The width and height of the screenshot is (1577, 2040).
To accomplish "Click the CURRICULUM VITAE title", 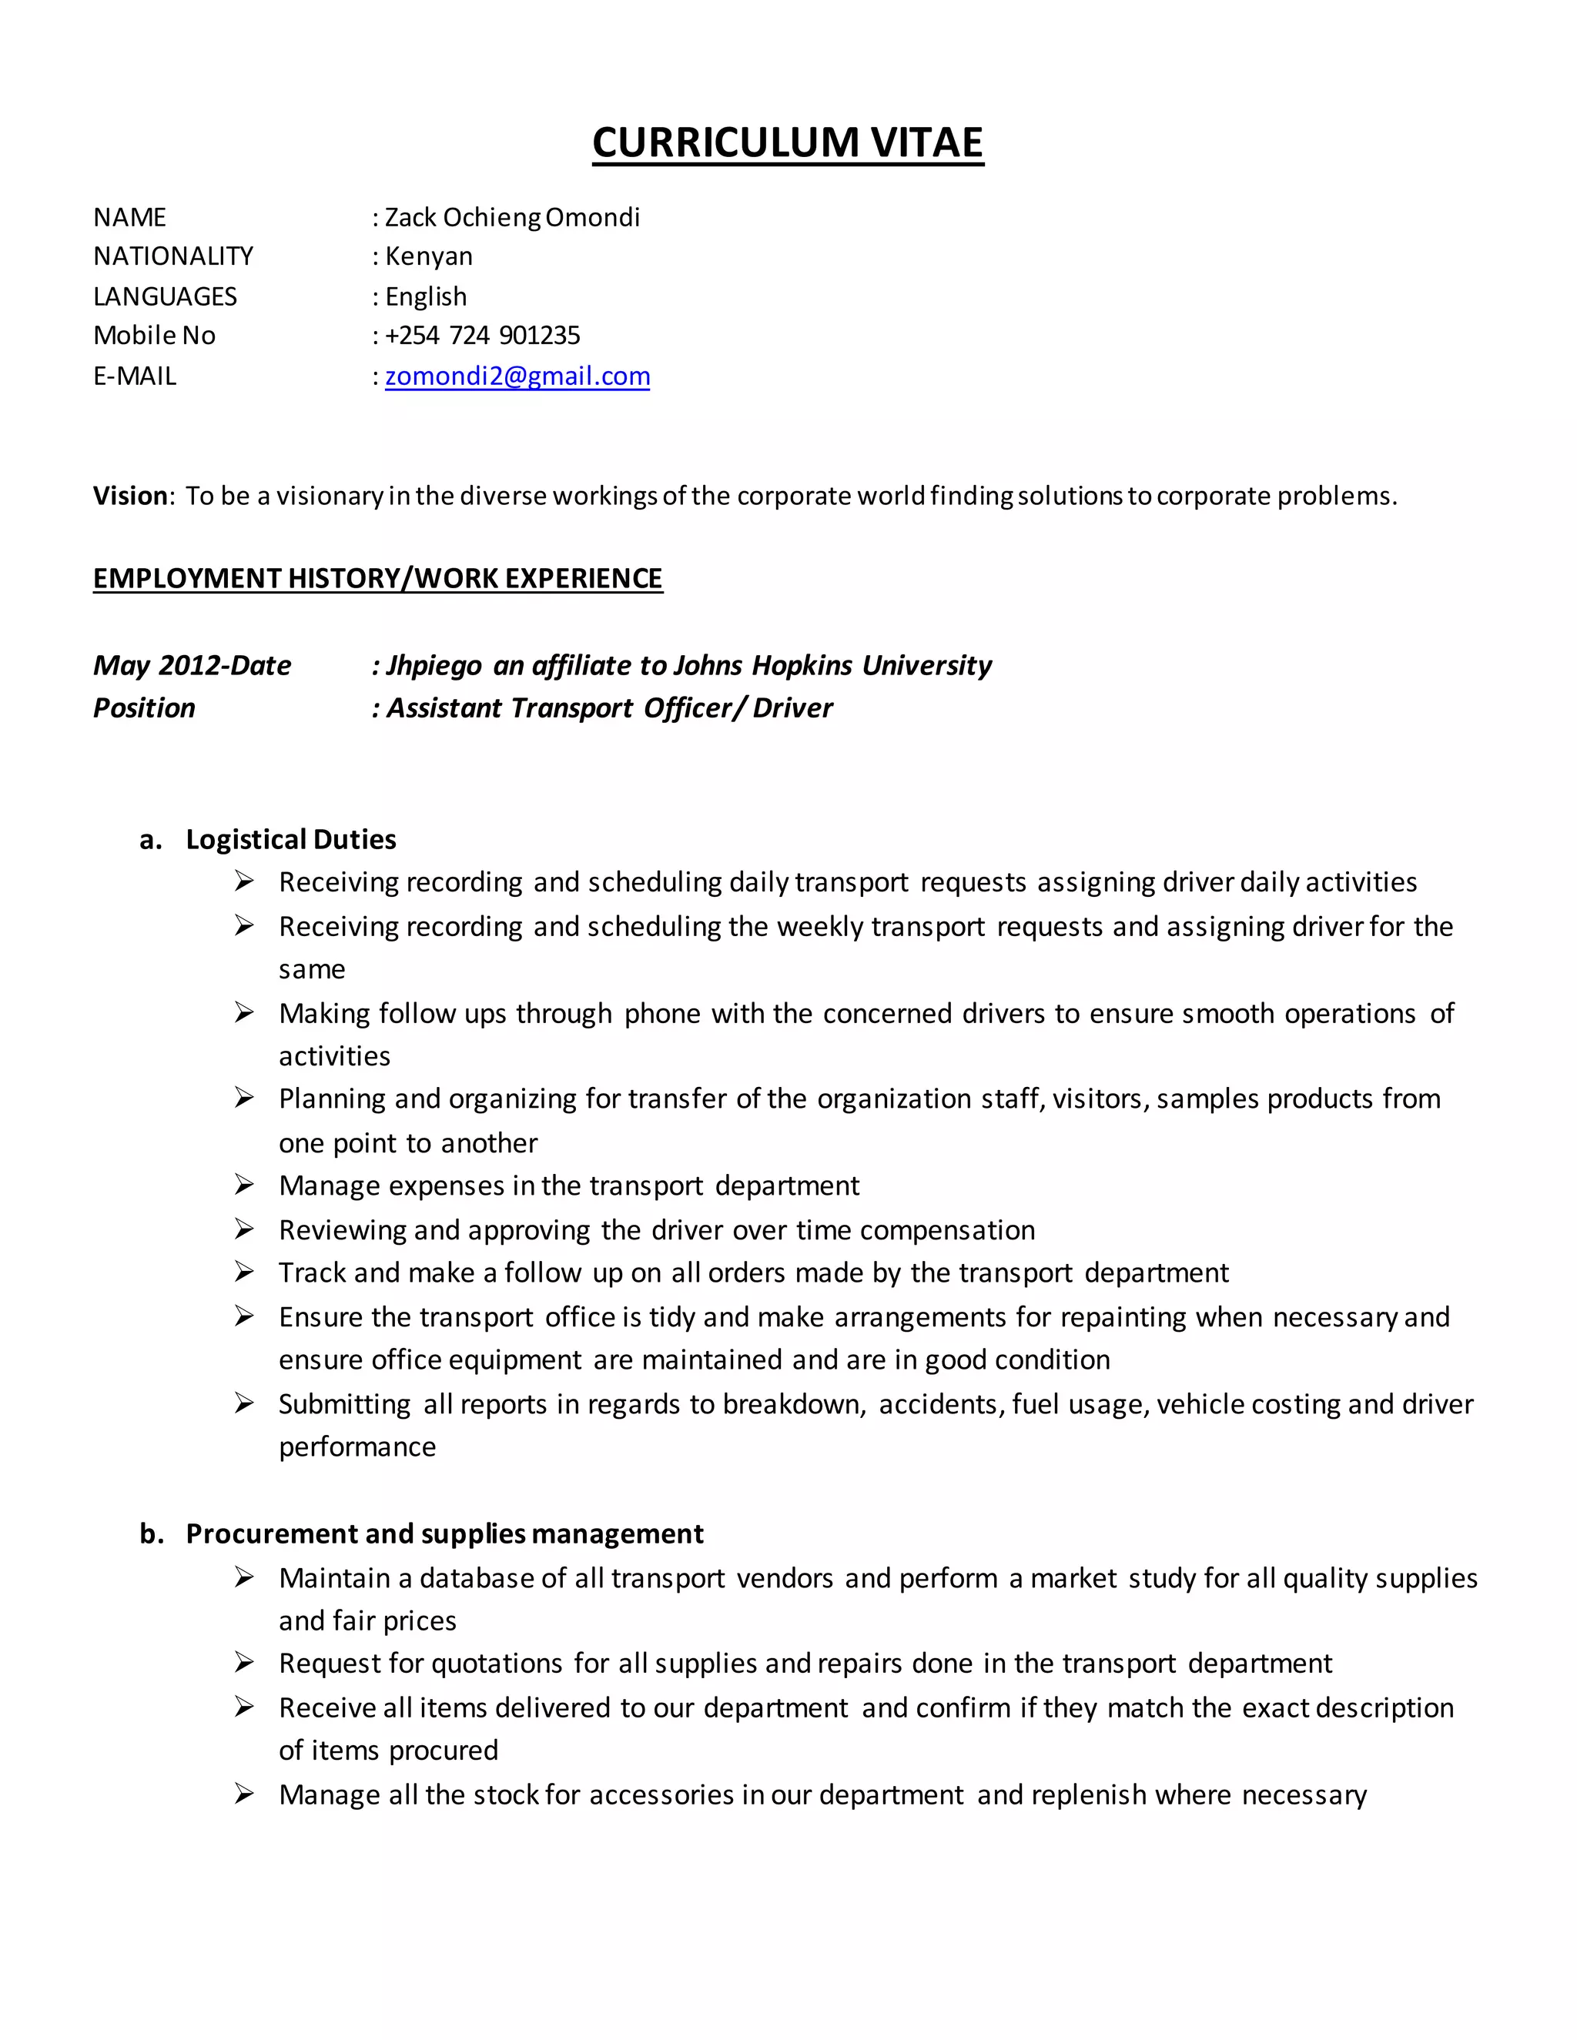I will pos(788,143).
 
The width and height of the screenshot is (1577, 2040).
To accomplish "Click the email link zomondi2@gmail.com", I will pos(517,376).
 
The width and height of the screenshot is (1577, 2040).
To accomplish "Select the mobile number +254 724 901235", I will pos(482,336).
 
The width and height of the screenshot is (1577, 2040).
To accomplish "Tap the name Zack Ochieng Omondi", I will pos(512,218).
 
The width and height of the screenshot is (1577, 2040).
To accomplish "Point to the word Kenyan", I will pos(429,256).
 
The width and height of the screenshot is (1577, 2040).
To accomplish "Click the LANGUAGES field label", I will pos(165,296).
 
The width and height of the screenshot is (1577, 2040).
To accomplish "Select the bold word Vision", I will pos(129,496).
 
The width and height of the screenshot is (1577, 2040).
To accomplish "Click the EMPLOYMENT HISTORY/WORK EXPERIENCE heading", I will pos(377,578).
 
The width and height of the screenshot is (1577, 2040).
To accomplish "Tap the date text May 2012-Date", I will pos(192,665).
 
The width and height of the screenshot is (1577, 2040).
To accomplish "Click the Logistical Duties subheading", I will pos(290,839).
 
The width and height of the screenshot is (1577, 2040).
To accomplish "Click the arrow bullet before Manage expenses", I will pos(244,1186).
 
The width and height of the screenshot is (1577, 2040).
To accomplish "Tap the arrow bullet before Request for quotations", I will pos(244,1663).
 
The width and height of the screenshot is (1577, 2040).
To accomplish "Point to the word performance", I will pos(357,1447).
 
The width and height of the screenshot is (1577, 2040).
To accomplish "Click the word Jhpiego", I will pos(434,665).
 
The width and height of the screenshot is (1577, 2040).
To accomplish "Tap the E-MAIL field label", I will pos(135,376).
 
